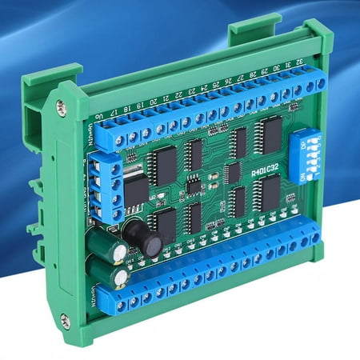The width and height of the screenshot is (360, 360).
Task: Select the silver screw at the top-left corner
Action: coord(62,106)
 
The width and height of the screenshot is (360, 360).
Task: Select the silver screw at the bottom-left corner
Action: coord(65,320)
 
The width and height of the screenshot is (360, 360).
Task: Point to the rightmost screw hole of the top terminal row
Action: coord(320,82)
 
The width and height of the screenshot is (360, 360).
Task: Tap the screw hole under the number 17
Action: coord(119,139)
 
